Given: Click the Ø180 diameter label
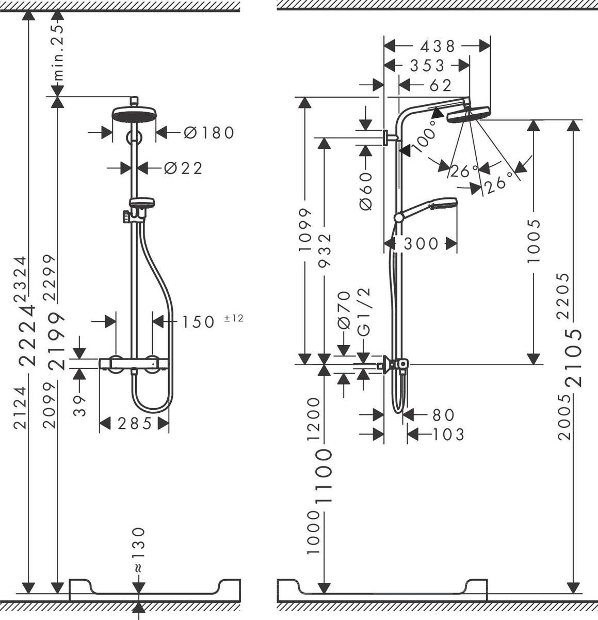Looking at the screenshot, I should [x=209, y=133].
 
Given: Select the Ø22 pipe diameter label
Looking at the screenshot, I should [x=183, y=168].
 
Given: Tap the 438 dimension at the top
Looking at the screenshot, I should [x=438, y=47].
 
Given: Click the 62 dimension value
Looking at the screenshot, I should [x=440, y=85].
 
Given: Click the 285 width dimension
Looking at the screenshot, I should [x=135, y=424].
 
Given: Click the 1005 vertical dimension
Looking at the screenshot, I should [x=534, y=240].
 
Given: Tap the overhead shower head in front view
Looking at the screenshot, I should [x=134, y=113].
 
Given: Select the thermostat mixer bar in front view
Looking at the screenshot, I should [x=134, y=364].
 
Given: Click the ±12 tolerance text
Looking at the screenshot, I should [x=233, y=318].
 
